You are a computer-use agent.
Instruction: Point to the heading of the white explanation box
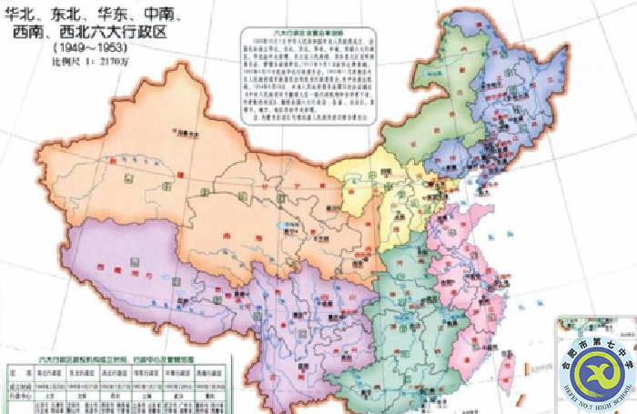pyautogui.click(x=301, y=32)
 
